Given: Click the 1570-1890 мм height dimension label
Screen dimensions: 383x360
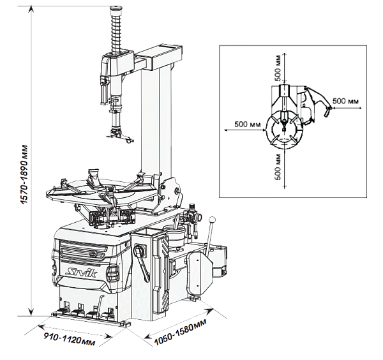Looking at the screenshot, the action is tap(24, 175).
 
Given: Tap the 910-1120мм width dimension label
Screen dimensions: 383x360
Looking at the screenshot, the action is tap(69, 339).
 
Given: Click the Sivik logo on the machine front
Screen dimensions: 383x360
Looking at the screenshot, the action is tap(82, 271).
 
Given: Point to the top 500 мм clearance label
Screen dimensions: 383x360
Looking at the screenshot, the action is tap(278, 68).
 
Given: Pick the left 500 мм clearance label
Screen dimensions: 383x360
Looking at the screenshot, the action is tap(248, 124).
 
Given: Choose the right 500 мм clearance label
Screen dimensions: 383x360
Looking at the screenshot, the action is tap(345, 101).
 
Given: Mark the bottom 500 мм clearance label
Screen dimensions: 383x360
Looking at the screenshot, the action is tap(278, 167).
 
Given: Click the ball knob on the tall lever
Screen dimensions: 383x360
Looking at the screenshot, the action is tap(213, 220).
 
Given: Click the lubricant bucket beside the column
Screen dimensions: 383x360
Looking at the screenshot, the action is tap(174, 235).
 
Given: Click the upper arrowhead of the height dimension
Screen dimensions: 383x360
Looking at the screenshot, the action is tap(31, 9).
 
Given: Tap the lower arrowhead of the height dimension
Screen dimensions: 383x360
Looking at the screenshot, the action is tap(31, 312).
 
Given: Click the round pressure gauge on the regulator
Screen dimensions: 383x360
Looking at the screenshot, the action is tap(199, 216).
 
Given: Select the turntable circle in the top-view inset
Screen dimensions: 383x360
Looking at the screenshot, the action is tap(284, 129).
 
